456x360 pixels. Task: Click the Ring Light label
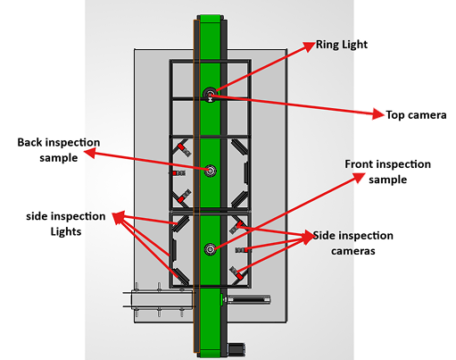342,45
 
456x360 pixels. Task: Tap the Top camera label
416,115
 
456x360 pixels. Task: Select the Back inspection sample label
59,150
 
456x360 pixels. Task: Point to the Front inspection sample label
387,172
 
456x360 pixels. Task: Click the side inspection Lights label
66,223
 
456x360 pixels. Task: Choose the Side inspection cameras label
353,243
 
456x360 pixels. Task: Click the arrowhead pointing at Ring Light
310,46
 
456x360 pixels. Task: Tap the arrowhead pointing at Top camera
378,113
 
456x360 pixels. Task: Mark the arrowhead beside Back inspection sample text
89,153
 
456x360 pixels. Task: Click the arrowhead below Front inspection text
359,178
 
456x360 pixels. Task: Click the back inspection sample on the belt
211,171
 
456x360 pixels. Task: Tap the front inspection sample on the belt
211,249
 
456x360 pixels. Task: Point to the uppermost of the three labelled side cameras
237,227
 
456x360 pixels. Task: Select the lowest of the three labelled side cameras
237,273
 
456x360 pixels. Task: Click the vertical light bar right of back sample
246,173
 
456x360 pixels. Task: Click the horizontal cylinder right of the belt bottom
249,299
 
